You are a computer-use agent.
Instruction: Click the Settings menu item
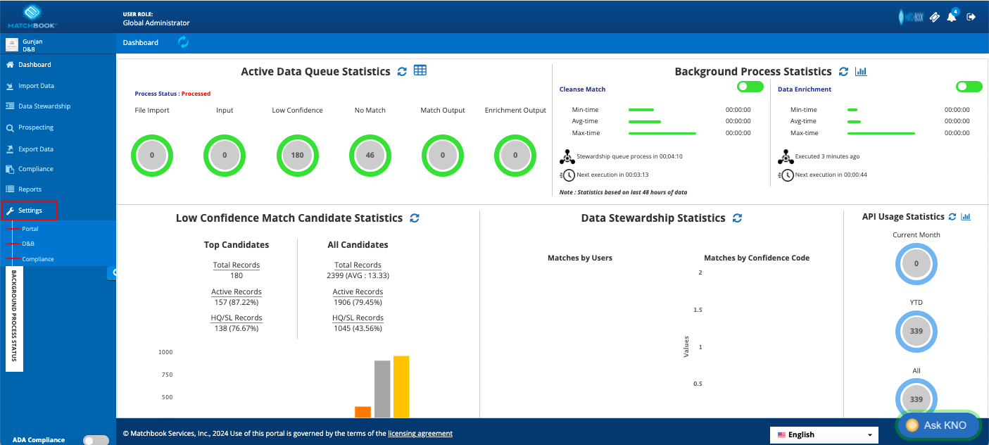pos(30,210)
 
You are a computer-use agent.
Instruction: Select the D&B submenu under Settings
pos(28,244)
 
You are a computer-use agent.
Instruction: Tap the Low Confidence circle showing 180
pos(297,156)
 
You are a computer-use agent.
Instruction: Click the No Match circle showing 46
pos(370,156)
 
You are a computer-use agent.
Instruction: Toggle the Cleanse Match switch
pos(750,87)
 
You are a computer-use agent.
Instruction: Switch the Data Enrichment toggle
pos(969,87)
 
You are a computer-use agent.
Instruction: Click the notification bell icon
pos(952,17)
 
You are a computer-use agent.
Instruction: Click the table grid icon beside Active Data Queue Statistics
pos(420,70)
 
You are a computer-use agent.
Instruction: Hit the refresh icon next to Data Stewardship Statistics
pos(737,218)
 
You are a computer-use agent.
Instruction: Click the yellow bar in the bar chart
pos(401,387)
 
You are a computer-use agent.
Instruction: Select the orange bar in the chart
pos(363,412)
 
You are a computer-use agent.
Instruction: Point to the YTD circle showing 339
pos(916,331)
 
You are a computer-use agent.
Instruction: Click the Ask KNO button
pos(938,425)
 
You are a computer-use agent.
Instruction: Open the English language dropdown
pos(824,435)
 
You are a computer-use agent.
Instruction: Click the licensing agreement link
pos(420,434)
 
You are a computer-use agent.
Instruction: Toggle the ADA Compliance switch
pos(96,439)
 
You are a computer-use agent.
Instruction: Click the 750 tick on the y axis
pos(167,375)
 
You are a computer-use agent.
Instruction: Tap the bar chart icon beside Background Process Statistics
pos(861,71)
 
